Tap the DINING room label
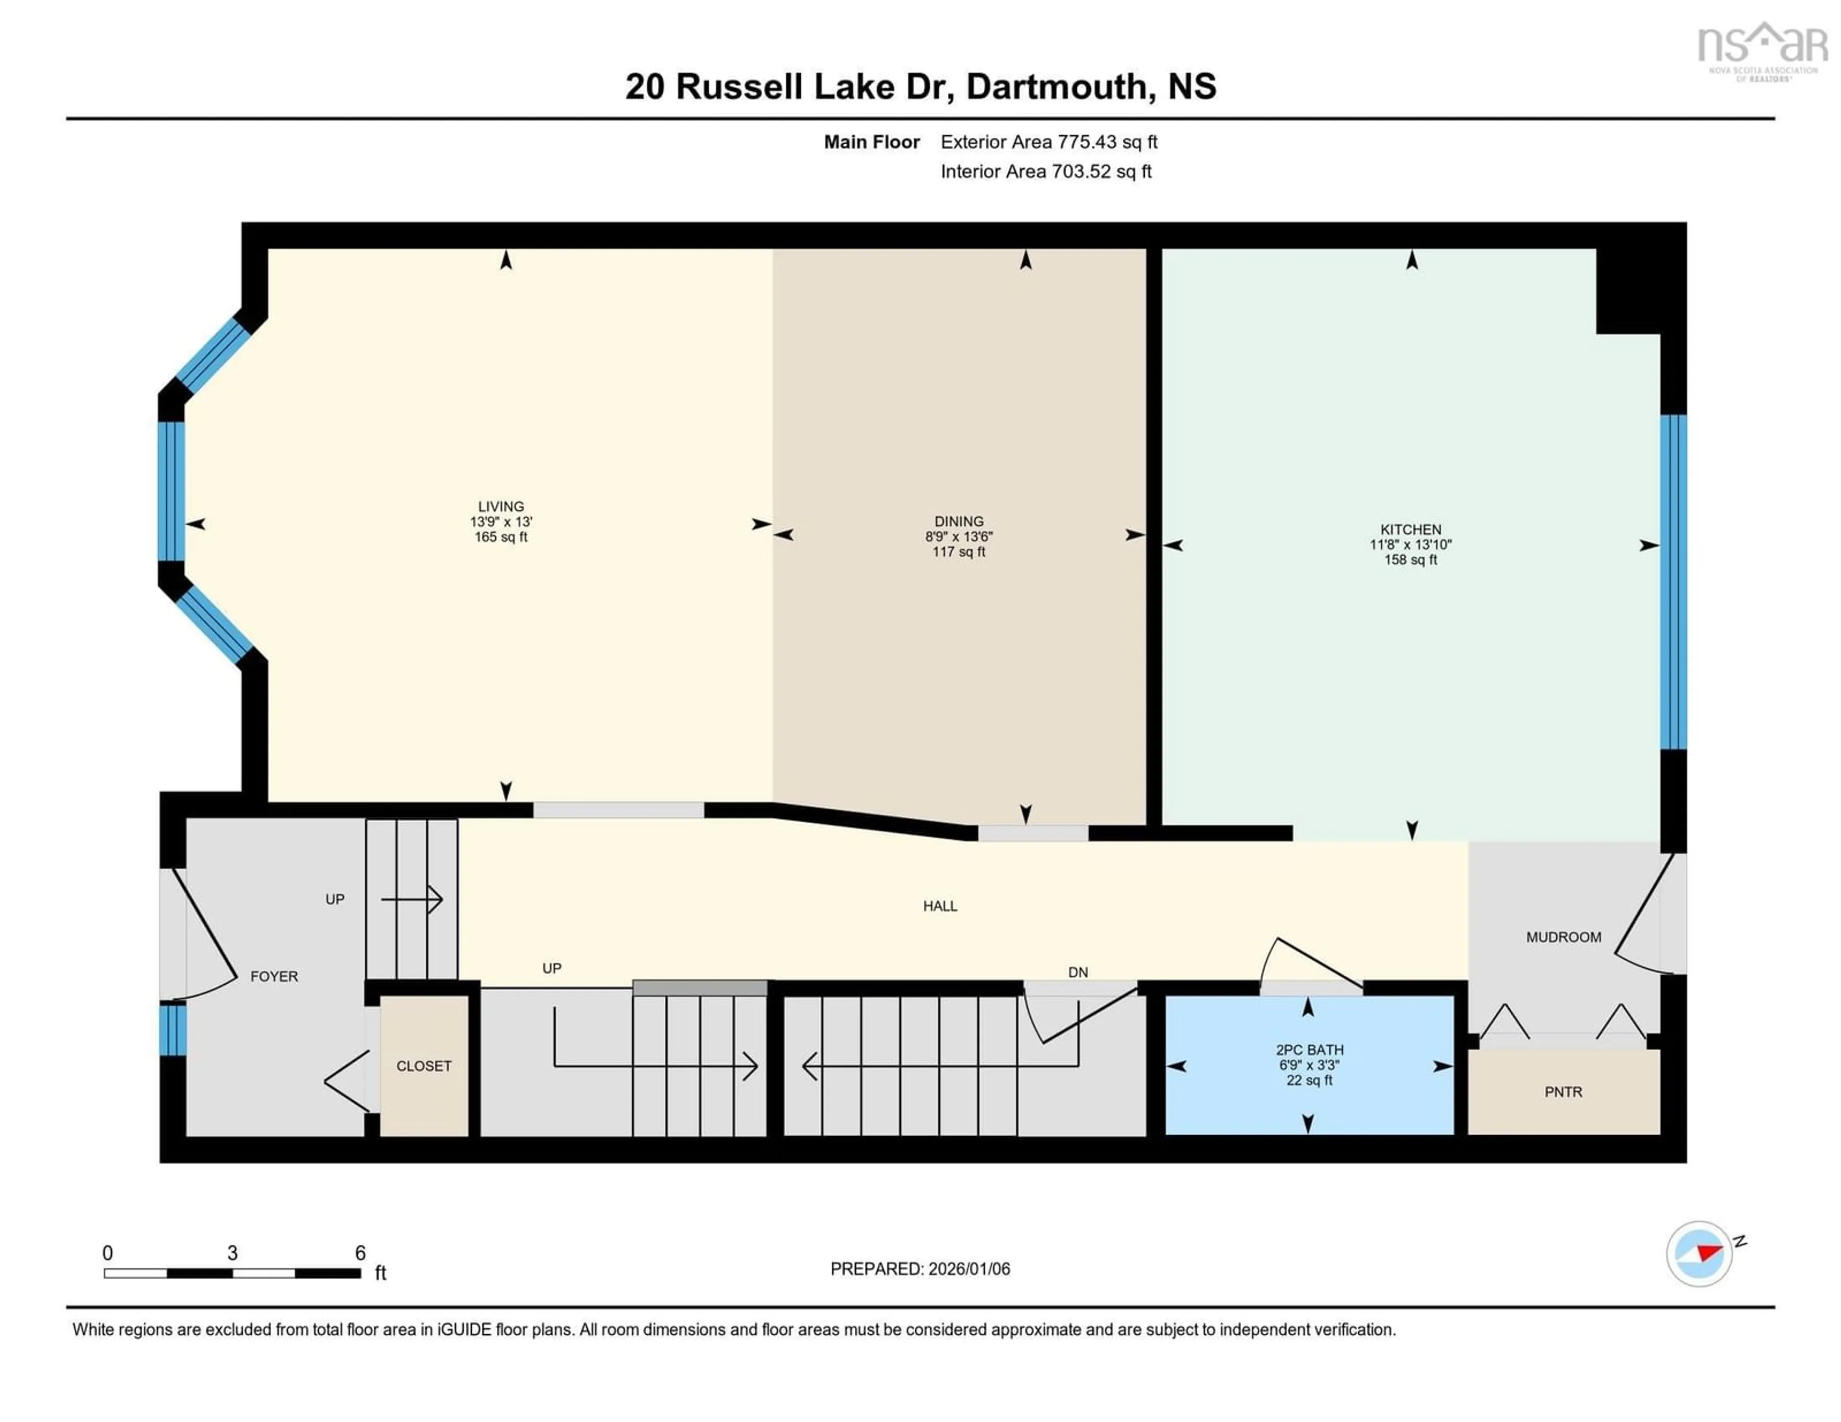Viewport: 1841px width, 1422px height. pyautogui.click(x=958, y=522)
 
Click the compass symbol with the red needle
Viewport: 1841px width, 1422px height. pyautogui.click(x=1699, y=1253)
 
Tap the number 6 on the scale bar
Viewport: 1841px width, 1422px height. pyautogui.click(x=360, y=1253)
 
